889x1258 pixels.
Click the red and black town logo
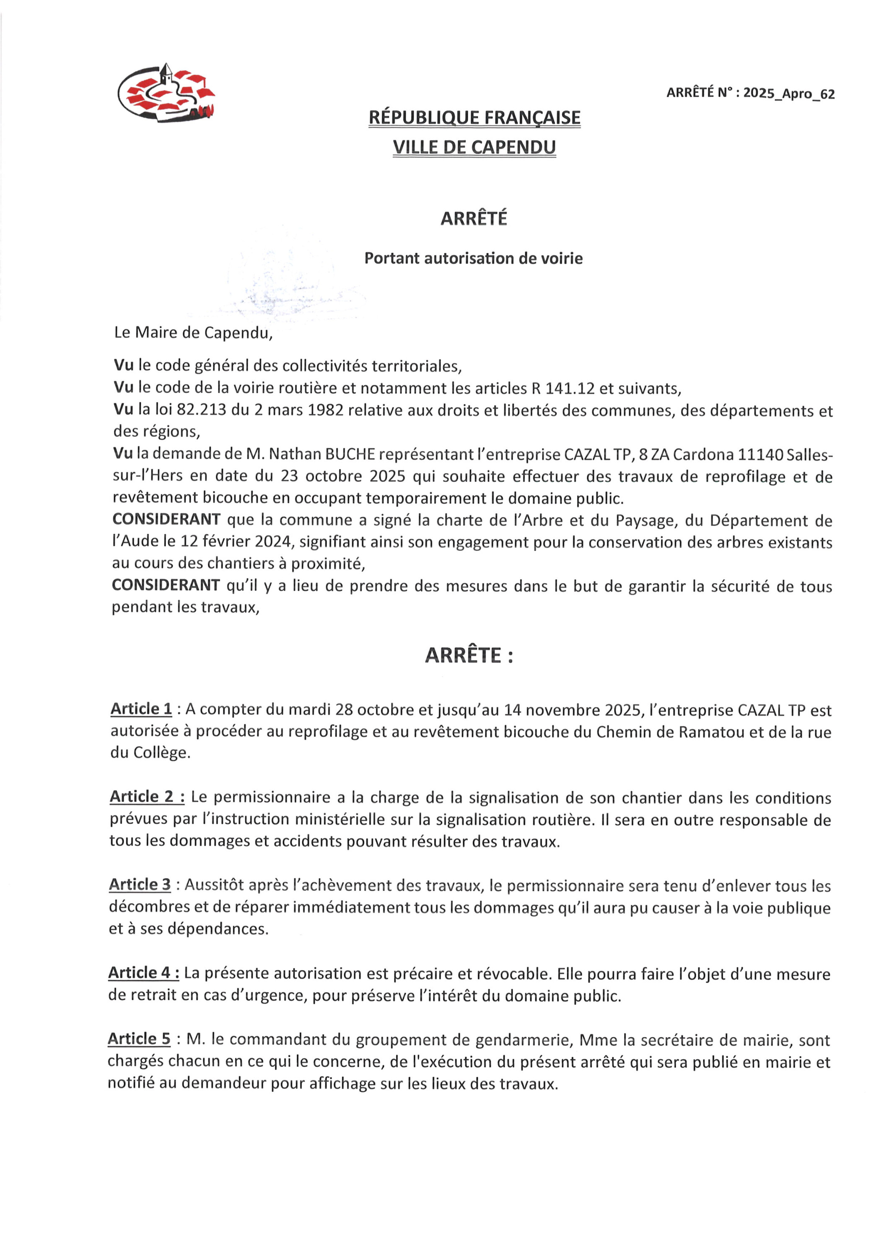[166, 93]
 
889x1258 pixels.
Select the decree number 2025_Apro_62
[788, 93]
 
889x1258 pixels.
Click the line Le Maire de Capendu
[193, 333]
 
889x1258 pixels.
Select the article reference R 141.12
[562, 388]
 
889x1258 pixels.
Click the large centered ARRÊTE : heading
[469, 655]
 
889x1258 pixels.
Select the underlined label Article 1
[141, 709]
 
